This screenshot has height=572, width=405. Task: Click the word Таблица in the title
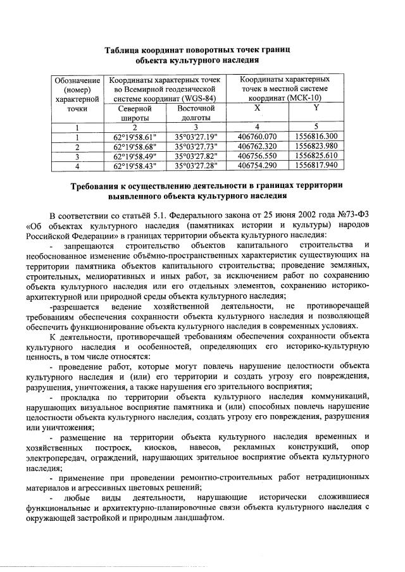(x=126, y=50)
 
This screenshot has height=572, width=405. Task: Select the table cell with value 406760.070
(x=257, y=136)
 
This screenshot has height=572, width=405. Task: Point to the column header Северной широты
(x=135, y=113)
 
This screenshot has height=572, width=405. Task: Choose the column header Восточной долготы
(x=196, y=113)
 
